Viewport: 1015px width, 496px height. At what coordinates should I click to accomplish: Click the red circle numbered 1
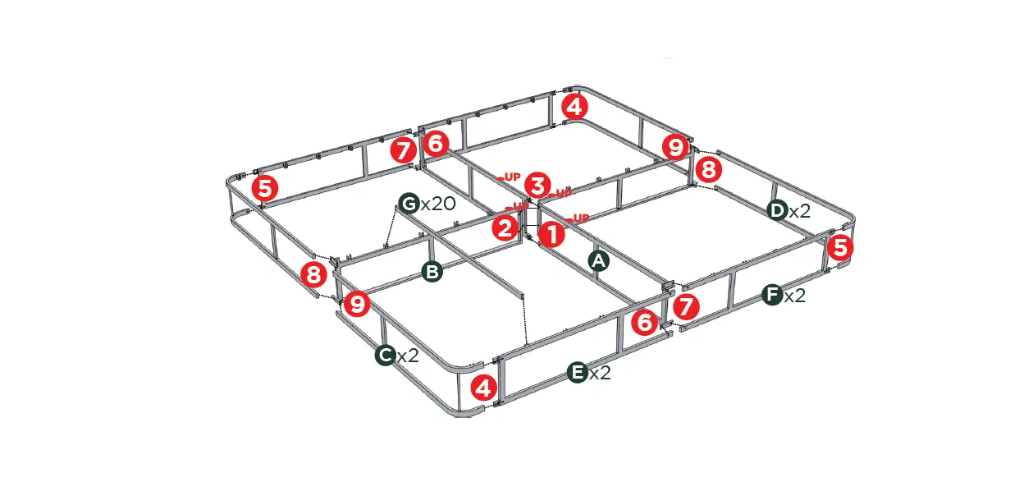[x=552, y=236]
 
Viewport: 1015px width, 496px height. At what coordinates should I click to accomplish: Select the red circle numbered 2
[x=506, y=227]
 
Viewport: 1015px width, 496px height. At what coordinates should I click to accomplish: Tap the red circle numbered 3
[x=537, y=185]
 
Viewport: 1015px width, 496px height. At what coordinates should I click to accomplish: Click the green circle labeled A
[x=599, y=261]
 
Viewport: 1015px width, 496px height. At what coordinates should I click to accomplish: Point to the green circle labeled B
[x=432, y=272]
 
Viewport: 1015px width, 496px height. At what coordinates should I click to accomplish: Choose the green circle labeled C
[x=386, y=355]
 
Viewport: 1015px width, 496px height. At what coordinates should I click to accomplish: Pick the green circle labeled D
[x=777, y=210]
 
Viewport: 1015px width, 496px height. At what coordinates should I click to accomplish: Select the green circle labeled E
[x=578, y=373]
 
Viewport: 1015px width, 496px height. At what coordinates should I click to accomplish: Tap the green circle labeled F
[x=771, y=295]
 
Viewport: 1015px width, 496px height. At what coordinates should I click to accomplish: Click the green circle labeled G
[x=409, y=203]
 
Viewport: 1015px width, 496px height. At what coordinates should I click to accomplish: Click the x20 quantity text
[x=437, y=203]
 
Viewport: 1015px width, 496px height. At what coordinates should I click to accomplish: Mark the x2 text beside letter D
[x=799, y=211]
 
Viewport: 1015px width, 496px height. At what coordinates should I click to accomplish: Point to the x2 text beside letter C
[x=408, y=356]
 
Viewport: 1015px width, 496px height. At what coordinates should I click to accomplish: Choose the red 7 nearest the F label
[x=685, y=308]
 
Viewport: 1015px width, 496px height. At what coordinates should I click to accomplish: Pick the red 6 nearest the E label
[x=645, y=323]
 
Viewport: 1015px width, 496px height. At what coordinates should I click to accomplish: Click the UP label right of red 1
[x=580, y=218]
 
